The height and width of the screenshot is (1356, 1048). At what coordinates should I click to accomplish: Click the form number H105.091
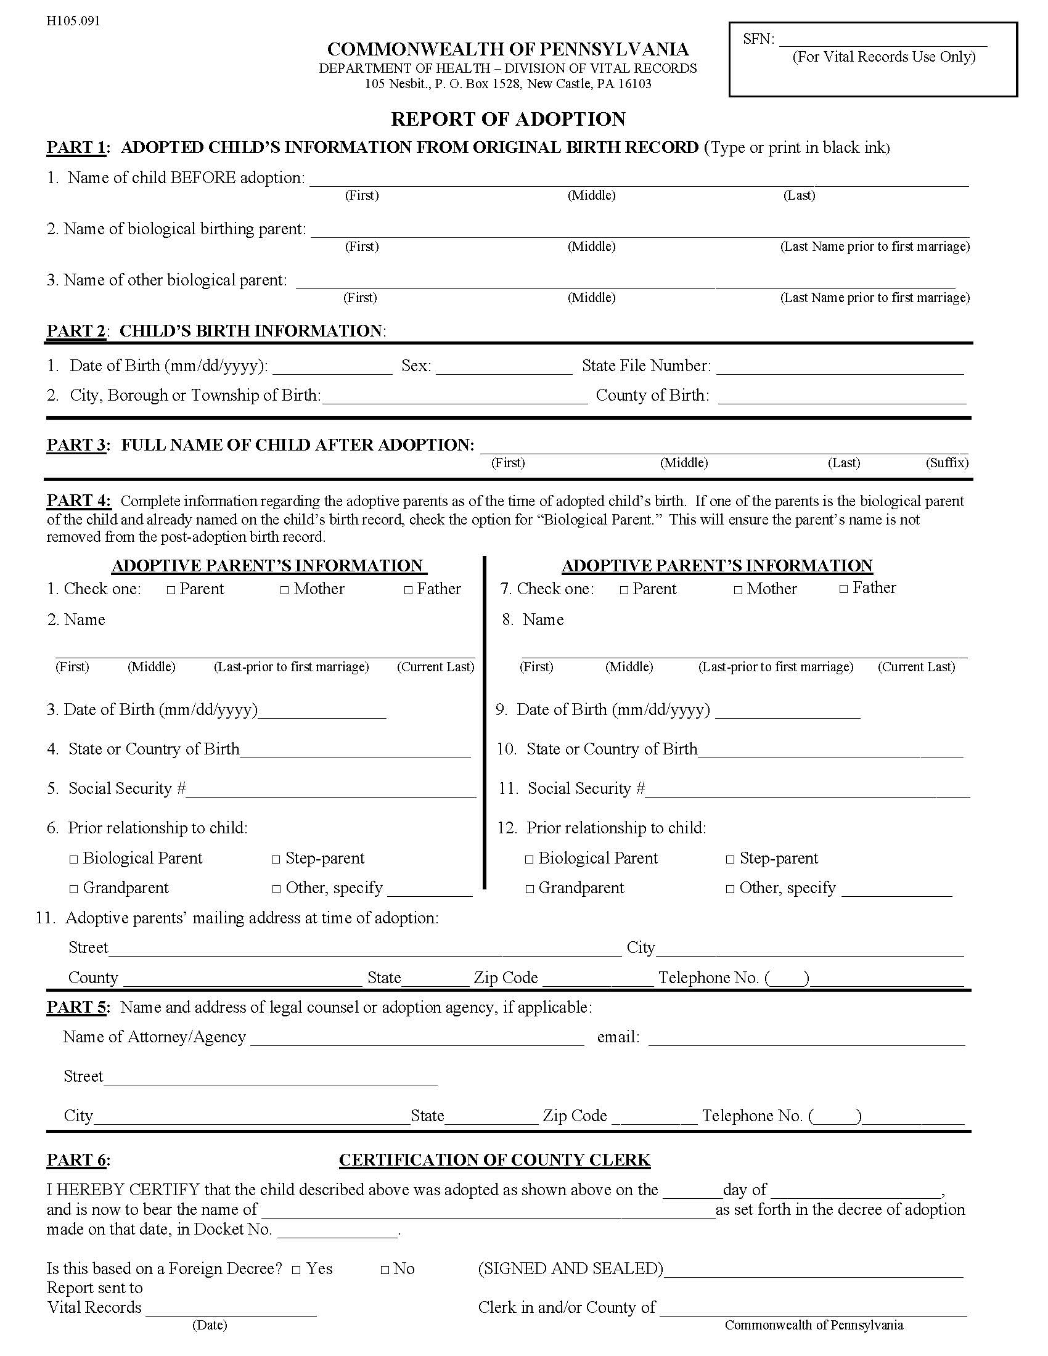(x=73, y=21)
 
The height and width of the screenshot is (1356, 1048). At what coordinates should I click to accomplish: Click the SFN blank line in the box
(x=882, y=41)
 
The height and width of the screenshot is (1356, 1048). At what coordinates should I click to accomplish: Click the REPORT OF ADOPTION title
(x=508, y=119)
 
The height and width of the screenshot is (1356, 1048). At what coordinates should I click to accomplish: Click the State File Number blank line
(x=840, y=367)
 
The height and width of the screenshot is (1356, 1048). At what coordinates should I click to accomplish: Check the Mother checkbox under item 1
(x=284, y=590)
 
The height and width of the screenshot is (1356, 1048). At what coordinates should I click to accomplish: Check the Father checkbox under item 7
(x=843, y=589)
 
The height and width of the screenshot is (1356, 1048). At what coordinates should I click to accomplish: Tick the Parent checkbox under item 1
(x=171, y=590)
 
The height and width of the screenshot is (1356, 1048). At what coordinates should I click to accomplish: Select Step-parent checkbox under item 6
(x=276, y=860)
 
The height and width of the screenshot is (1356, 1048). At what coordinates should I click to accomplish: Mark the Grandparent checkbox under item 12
(x=530, y=889)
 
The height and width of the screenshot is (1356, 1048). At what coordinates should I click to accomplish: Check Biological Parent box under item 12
(x=529, y=860)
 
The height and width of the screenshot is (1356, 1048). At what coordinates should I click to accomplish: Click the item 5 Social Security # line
(x=330, y=790)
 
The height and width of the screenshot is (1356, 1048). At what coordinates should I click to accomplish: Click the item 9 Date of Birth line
(x=787, y=711)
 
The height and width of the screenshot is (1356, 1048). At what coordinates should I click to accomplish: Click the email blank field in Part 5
(x=806, y=1039)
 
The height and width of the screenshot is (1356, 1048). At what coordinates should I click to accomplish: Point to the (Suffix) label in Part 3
(x=946, y=462)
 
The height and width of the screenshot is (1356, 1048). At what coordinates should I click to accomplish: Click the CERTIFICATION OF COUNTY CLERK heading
(x=494, y=1160)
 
